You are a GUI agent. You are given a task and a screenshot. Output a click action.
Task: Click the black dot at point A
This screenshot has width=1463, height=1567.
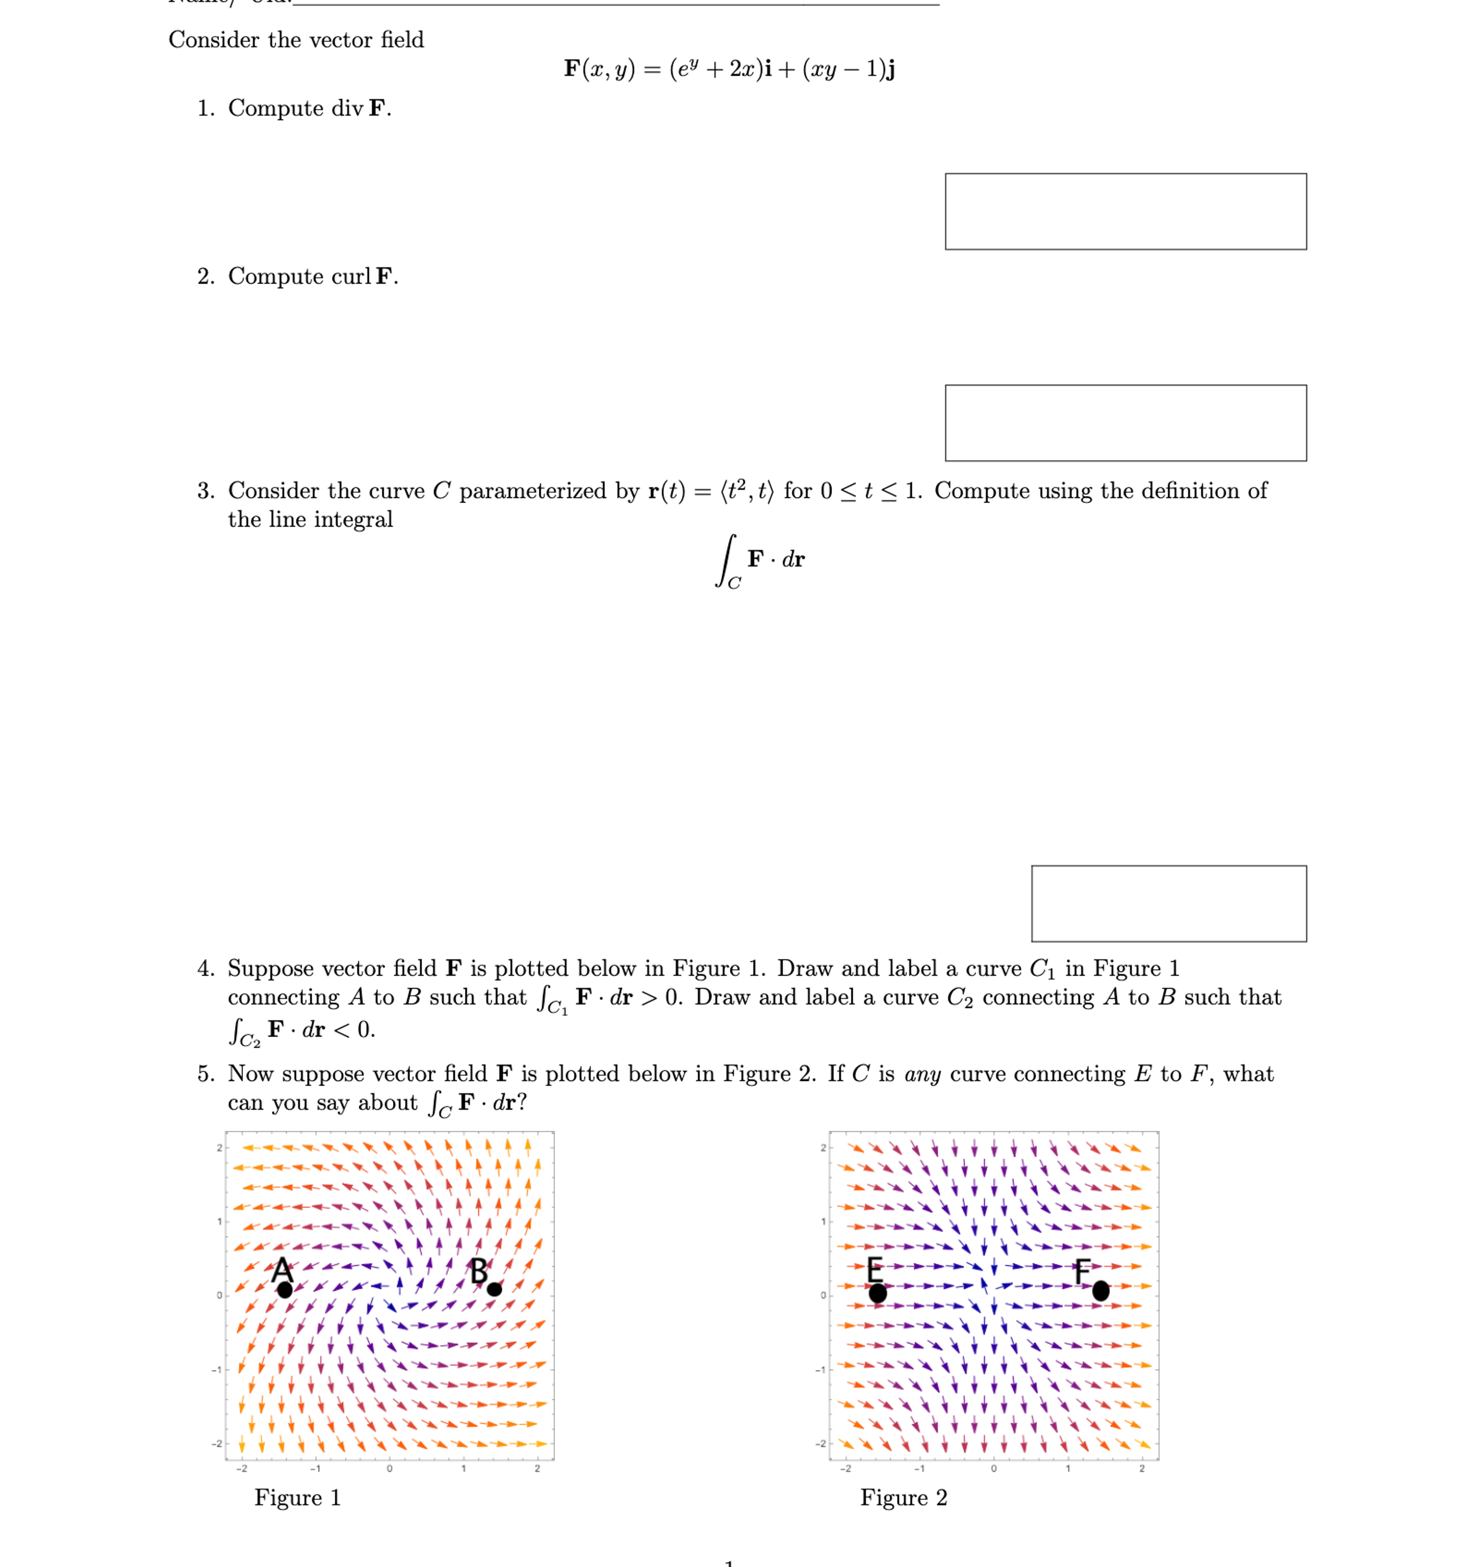pos(284,1289)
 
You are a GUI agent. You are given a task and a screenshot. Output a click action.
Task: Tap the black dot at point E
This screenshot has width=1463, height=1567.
pos(877,1293)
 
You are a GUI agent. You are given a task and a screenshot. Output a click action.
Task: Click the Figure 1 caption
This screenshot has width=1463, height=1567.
pos(297,1497)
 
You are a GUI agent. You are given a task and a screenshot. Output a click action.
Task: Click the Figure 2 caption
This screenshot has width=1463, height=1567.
pos(903,1497)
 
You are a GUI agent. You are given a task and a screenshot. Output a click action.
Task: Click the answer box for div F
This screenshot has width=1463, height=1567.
pos(1125,211)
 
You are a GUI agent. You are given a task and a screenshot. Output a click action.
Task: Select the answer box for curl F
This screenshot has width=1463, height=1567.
pos(1125,423)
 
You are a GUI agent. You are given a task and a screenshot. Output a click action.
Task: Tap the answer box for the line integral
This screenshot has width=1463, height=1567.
pos(1168,903)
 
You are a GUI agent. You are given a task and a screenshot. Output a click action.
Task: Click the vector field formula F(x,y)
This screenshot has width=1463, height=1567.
pos(729,69)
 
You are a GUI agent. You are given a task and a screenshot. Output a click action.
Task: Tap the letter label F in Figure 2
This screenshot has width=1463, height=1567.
pos(1083,1270)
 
